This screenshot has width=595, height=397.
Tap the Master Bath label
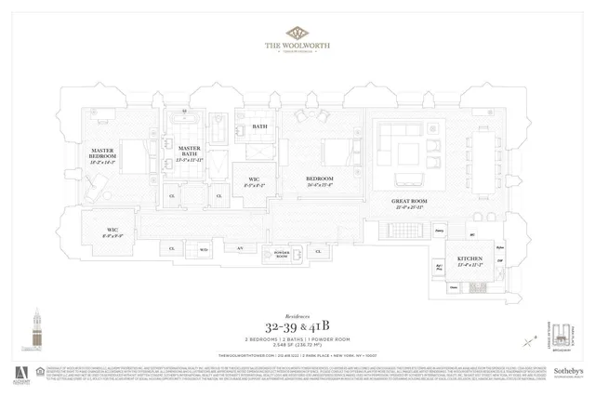(x=190, y=152)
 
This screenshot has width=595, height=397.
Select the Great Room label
(x=408, y=204)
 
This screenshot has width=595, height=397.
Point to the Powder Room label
(x=280, y=255)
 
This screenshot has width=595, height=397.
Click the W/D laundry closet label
(x=203, y=249)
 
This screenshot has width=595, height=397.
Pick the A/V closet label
(x=239, y=248)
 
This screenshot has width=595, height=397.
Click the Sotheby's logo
(x=567, y=370)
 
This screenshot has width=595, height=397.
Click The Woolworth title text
(x=297, y=49)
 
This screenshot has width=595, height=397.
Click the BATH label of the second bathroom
(x=259, y=126)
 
